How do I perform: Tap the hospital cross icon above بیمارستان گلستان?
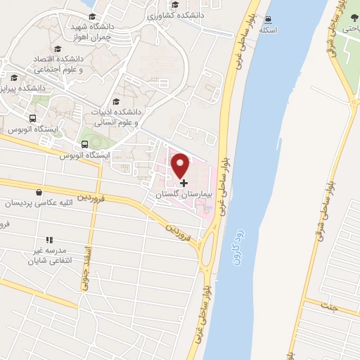[x=184, y=183]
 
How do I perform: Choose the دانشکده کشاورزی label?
[x=179, y=14]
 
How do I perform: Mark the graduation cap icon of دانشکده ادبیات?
[x=115, y=102]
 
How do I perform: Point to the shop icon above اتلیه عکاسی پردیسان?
[x=38, y=192]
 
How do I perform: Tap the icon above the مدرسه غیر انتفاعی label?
[x=49, y=240]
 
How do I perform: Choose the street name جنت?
[x=328, y=307]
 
